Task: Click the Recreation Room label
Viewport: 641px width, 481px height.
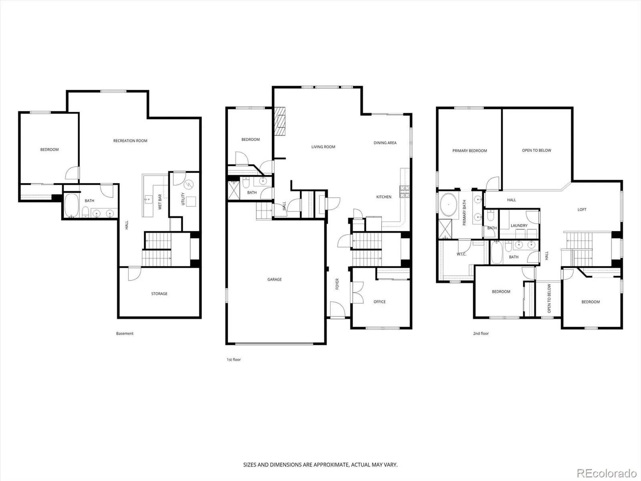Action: (x=130, y=141)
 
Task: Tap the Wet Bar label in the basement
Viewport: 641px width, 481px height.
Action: (x=160, y=202)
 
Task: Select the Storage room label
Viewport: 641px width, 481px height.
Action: (x=159, y=293)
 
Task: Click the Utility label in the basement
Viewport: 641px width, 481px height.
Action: (x=183, y=199)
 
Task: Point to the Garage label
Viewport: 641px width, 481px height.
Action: (x=274, y=279)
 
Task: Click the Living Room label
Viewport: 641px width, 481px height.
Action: (x=323, y=147)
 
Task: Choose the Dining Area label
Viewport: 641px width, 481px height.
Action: (x=385, y=143)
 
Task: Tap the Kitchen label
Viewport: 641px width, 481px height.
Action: (x=384, y=197)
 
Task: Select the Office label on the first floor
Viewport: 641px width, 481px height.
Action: (x=379, y=302)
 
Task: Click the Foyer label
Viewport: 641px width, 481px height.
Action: (x=337, y=284)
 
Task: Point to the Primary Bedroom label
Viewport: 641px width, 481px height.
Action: (x=470, y=151)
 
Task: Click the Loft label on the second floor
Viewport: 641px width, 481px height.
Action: (x=582, y=209)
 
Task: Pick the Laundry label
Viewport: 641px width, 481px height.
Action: (x=519, y=225)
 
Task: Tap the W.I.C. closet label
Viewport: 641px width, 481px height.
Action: (x=462, y=254)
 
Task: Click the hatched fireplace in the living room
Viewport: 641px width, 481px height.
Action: (x=280, y=121)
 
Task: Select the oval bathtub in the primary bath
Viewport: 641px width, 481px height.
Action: (x=449, y=205)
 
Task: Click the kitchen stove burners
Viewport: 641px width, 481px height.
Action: (x=405, y=191)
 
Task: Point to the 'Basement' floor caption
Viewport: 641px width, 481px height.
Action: (x=125, y=333)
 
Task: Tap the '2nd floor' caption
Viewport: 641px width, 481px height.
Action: (x=481, y=333)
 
